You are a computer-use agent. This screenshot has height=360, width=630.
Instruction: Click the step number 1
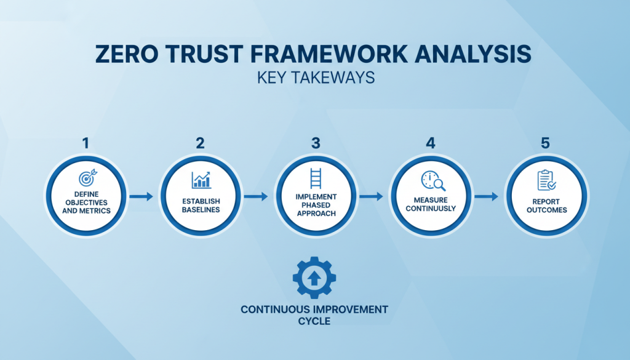click(x=86, y=143)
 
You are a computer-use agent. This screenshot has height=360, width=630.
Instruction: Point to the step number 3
click(x=316, y=143)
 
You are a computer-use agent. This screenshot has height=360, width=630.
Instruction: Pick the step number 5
click(x=545, y=143)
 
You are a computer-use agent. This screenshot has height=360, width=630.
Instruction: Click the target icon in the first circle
click(x=86, y=179)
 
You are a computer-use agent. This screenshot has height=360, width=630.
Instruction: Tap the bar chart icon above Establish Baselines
click(x=201, y=179)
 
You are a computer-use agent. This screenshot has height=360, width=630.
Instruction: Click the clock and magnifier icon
click(x=430, y=181)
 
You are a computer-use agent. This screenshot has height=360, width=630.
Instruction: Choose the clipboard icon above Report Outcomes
click(x=546, y=180)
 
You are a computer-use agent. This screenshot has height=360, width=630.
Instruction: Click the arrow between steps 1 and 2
click(x=143, y=197)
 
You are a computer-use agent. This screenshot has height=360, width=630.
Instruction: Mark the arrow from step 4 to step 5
click(x=487, y=197)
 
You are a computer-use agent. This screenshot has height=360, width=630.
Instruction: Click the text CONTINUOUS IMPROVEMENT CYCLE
click(x=314, y=314)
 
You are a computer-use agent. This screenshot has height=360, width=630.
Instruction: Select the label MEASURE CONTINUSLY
click(x=430, y=204)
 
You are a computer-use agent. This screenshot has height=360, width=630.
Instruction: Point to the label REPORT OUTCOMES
click(x=546, y=205)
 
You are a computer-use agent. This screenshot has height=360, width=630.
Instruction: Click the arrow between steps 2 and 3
click(x=257, y=197)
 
